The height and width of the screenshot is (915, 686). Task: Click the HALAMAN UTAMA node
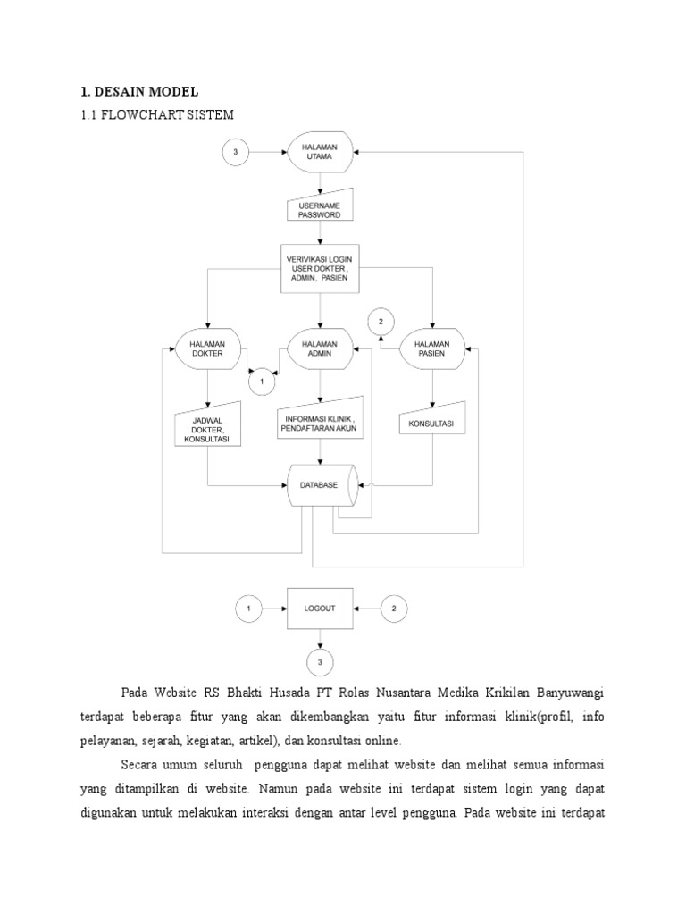320,153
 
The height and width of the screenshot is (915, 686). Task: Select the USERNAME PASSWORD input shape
319,209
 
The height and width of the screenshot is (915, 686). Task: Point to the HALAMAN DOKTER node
206,347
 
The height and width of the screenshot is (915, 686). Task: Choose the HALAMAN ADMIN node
319,347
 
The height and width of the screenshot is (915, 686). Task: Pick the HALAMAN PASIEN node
431,347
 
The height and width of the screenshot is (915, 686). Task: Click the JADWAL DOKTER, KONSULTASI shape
207,428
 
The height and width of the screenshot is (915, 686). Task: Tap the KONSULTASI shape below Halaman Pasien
431,423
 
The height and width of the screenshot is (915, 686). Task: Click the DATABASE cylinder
320,485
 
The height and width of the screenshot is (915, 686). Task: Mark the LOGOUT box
320,609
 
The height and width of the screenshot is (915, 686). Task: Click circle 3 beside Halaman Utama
235,153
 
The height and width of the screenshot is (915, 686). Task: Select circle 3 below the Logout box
320,662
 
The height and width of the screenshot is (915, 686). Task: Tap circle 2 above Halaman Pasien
381,321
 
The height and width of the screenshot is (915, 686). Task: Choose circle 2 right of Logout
394,609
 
